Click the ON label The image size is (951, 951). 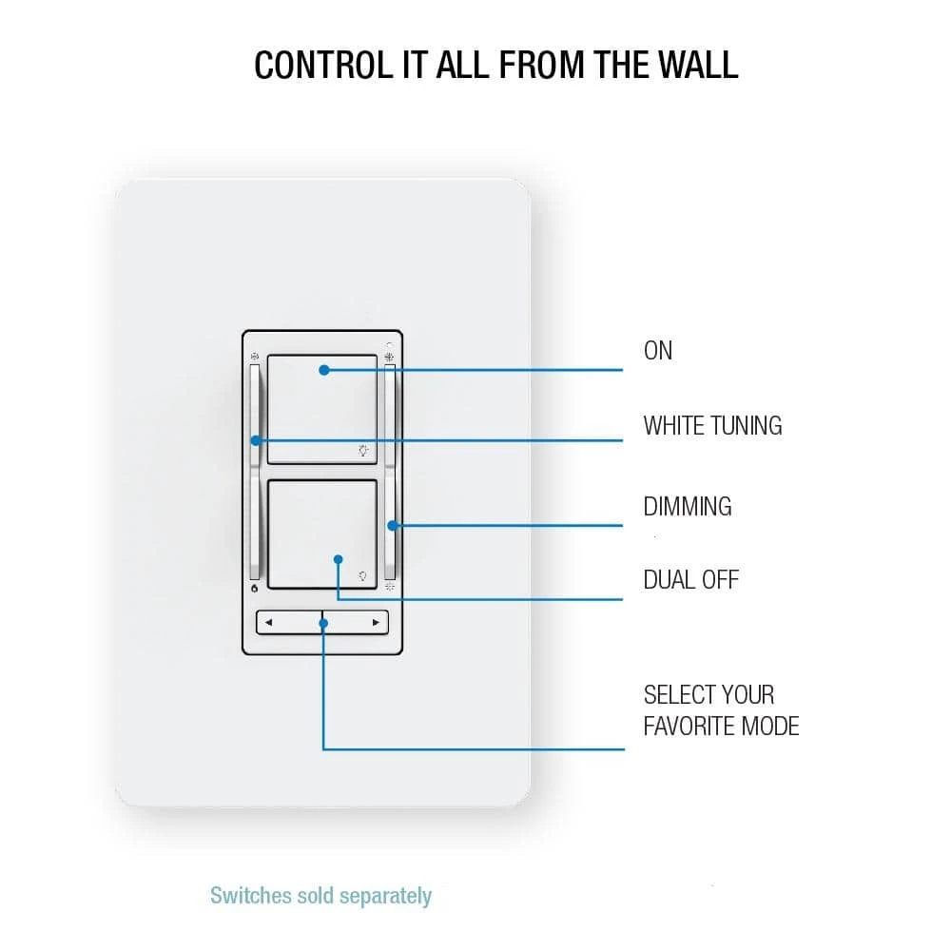[658, 351]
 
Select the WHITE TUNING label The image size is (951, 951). [712, 425]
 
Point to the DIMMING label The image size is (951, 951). [688, 507]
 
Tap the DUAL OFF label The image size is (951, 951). [690, 579]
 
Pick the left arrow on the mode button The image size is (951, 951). [269, 623]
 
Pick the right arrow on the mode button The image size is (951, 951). [377, 623]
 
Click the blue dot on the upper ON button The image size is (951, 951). [323, 370]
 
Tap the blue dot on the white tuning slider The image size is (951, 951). [256, 440]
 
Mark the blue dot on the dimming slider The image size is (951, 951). [390, 524]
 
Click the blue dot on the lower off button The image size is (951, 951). [339, 561]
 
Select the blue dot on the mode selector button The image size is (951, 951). [323, 624]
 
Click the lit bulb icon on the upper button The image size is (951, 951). [363, 450]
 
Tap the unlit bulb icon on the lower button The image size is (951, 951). [362, 576]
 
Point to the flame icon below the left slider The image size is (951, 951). [255, 590]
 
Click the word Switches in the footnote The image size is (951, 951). [244, 896]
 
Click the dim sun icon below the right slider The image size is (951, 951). [390, 590]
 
